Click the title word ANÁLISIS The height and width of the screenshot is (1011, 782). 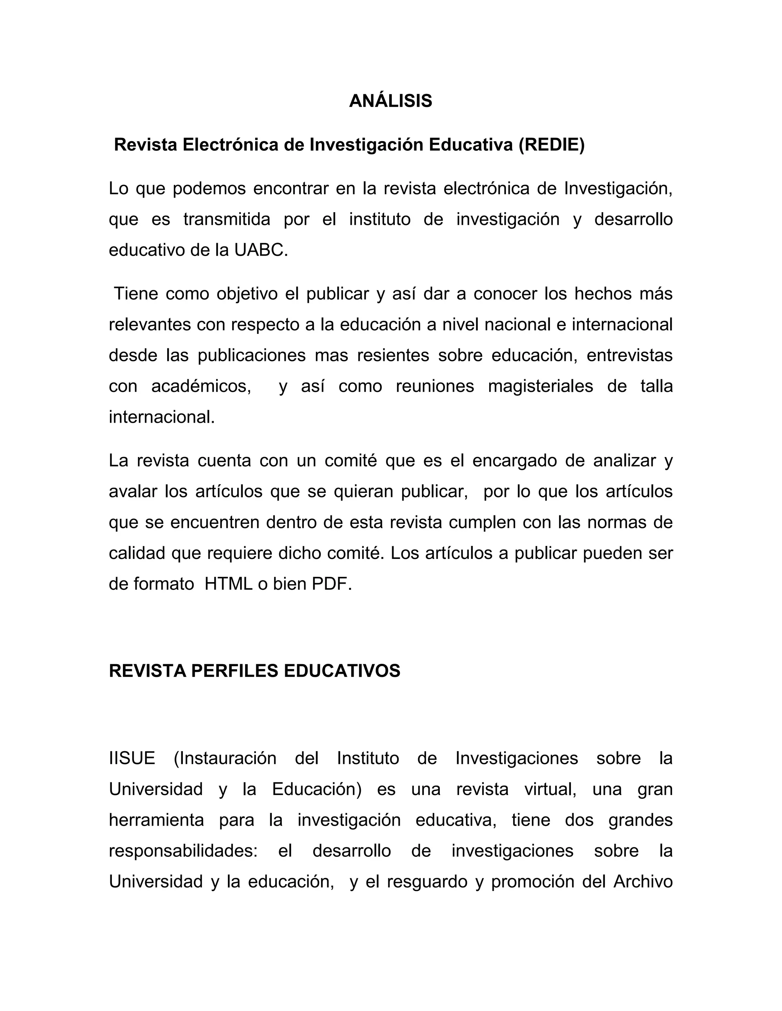click(390, 101)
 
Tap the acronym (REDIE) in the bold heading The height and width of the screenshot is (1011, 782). click(551, 145)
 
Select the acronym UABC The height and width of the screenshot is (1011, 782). click(260, 250)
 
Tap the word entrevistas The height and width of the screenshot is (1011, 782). click(629, 355)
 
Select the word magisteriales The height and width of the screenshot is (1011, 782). click(540, 386)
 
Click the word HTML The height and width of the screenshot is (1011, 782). click(229, 584)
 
